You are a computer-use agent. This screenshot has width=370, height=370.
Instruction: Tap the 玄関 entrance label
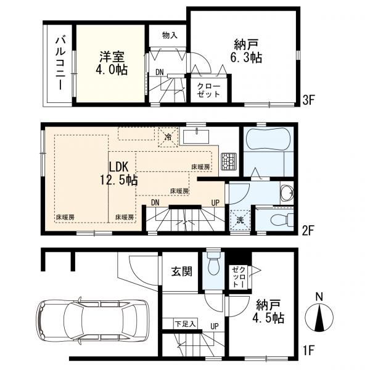tap(181, 272)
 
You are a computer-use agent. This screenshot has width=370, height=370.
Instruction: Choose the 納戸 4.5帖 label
tap(269, 311)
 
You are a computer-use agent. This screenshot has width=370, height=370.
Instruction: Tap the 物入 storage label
tap(170, 35)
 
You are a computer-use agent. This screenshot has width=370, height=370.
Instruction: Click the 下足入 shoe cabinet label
tap(184, 323)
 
